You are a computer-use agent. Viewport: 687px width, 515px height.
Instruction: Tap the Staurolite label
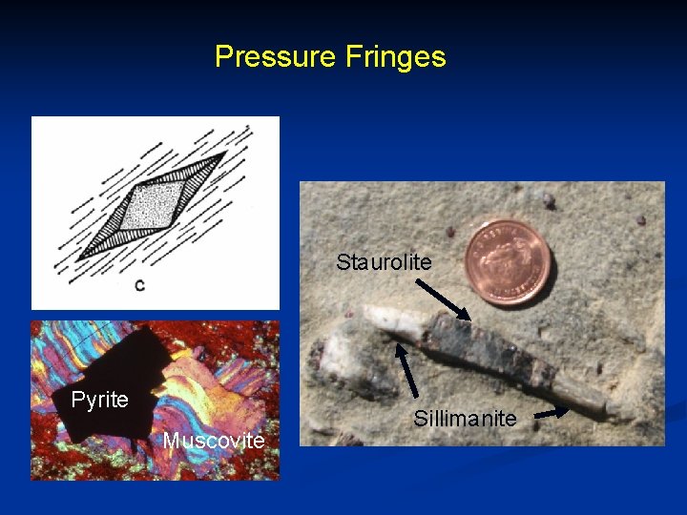pyautogui.click(x=384, y=262)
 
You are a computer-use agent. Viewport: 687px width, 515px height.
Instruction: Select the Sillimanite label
pyautogui.click(x=465, y=418)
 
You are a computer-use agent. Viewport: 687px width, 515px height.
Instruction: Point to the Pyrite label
pyautogui.click(x=99, y=400)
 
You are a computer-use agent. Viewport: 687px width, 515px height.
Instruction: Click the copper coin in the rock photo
pyautogui.click(x=508, y=261)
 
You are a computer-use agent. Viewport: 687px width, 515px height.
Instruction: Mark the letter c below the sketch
pyautogui.click(x=139, y=285)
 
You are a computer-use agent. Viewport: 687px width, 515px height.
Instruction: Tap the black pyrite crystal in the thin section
pyautogui.click(x=114, y=372)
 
